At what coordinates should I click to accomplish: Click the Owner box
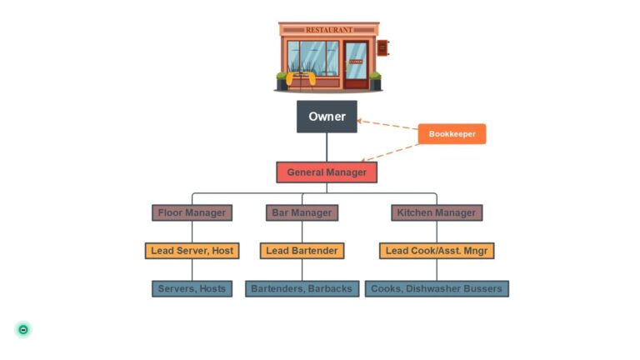(327, 117)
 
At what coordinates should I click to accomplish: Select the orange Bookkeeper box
(452, 133)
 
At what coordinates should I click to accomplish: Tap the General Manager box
(327, 172)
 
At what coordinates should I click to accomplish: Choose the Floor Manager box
(192, 212)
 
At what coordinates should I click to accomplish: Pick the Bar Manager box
(302, 212)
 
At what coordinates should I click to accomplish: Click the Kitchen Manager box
(437, 212)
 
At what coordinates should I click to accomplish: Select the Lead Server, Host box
(192, 250)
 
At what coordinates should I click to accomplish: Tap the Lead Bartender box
(302, 250)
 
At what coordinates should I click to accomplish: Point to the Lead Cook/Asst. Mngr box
(437, 250)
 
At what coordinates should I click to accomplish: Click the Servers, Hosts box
(192, 288)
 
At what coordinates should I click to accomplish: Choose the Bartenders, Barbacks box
(302, 288)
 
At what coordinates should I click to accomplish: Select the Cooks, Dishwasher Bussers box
(437, 288)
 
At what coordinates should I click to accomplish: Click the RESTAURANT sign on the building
(328, 30)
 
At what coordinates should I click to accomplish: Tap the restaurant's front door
(356, 63)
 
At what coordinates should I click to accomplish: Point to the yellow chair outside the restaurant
(300, 79)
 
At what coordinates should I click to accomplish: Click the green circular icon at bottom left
(23, 329)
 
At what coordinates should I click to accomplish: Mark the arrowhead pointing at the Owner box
(360, 121)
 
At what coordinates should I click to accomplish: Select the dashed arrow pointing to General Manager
(392, 152)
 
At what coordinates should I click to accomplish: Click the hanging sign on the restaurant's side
(382, 47)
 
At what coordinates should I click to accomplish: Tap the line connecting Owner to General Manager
(327, 147)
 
